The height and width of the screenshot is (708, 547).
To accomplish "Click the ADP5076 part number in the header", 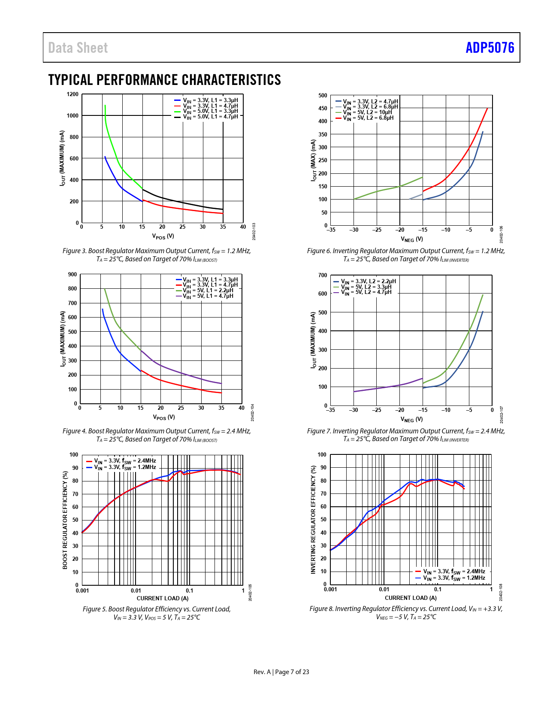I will click(x=490, y=48).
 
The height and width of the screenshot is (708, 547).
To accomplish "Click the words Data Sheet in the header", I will click(x=78, y=48).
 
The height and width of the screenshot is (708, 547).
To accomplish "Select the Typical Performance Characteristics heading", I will click(x=164, y=80).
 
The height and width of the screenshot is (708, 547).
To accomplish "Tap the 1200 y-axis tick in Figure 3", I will click(x=73, y=94).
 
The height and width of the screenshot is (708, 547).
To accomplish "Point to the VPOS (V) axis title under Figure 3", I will click(x=163, y=236).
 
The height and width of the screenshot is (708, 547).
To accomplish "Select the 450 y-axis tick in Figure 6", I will click(x=323, y=109).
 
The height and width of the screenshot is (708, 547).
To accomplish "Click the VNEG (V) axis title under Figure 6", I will click(x=411, y=239).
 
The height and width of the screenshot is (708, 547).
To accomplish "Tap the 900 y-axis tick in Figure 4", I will click(x=72, y=275).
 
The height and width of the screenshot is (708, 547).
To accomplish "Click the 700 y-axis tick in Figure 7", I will click(x=323, y=275).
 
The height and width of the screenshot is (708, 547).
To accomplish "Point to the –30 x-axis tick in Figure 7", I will click(x=353, y=410).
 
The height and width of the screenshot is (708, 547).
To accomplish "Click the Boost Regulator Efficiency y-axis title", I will click(x=65, y=520).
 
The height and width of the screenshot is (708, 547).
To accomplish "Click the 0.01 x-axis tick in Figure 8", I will click(x=384, y=590).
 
